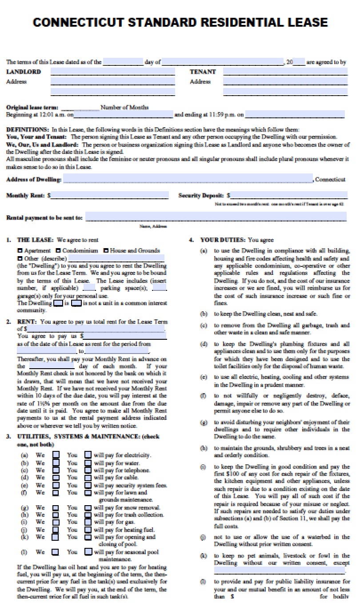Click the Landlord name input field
coord(112,72)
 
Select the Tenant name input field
coord(284,72)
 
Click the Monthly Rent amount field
coord(109,195)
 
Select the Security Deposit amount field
coord(289,195)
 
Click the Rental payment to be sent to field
coord(216,217)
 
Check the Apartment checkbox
coord(20,251)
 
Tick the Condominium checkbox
coord(58,251)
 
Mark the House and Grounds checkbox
coord(106,251)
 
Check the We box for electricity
coord(56,455)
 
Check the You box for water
coord(88,462)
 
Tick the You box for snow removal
coord(88,507)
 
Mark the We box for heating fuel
coord(56,530)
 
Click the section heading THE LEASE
coord(35,240)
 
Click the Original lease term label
coord(32,107)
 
